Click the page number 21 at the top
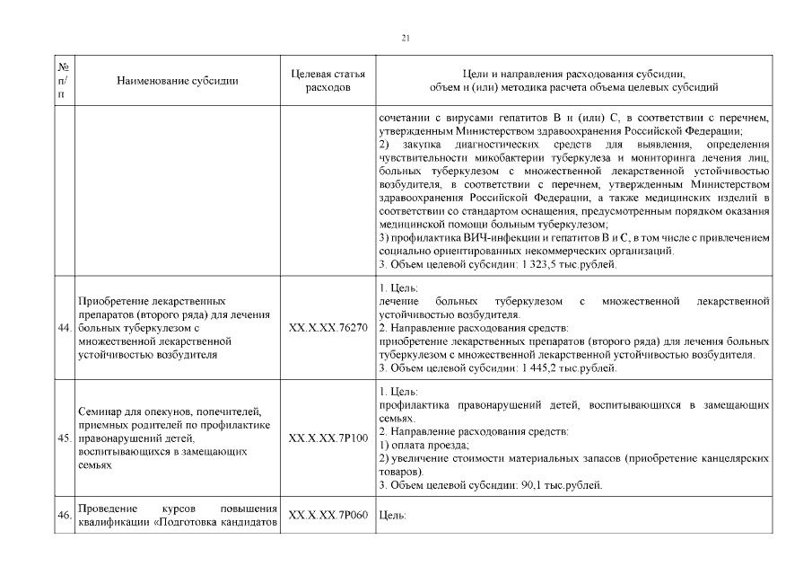click(x=406, y=38)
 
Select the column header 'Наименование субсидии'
click(x=178, y=81)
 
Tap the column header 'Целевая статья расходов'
click(x=328, y=81)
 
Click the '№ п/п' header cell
click(x=64, y=81)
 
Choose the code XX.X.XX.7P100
click(x=328, y=438)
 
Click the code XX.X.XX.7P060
click(x=328, y=516)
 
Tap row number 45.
click(x=64, y=438)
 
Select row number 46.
click(x=64, y=516)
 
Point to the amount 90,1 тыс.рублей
click(x=560, y=485)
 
